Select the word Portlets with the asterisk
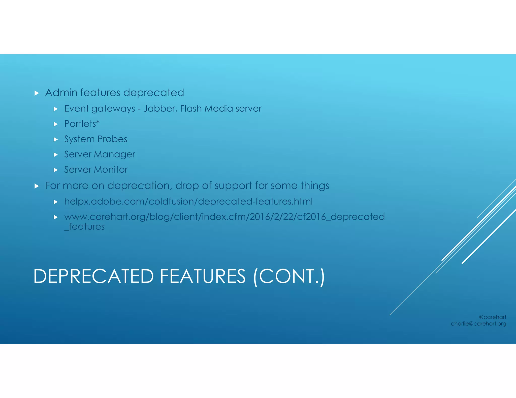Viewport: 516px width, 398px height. tap(82, 124)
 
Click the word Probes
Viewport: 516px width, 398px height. tap(112, 139)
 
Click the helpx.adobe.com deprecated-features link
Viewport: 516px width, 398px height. tap(188, 202)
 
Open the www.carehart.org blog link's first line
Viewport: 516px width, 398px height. tap(224, 217)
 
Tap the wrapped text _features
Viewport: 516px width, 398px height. tap(84, 227)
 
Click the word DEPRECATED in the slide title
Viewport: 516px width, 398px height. tap(93, 276)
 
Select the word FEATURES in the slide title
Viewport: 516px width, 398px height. tap(203, 276)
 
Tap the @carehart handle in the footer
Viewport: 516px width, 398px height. tap(492, 317)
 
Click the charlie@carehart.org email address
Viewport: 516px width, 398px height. tap(478, 324)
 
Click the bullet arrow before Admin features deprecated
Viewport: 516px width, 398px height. tap(37, 93)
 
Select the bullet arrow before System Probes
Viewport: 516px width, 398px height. tap(56, 140)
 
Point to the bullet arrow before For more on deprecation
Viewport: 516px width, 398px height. tap(37, 186)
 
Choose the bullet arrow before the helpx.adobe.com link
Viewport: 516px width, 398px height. tap(56, 202)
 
